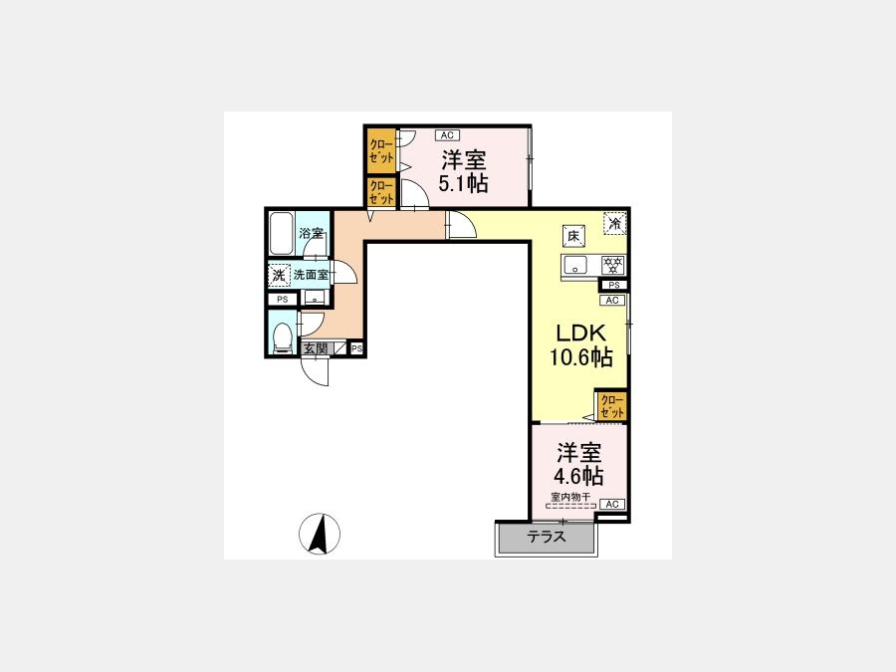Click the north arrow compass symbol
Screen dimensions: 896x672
click(x=320, y=534)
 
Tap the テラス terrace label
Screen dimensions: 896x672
click(x=547, y=538)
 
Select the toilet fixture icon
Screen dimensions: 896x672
click(x=281, y=336)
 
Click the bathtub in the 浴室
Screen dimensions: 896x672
click(x=281, y=234)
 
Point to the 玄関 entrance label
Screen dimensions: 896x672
click(x=315, y=348)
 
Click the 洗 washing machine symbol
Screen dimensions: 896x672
click(x=279, y=275)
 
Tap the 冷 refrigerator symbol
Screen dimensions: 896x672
click(x=615, y=223)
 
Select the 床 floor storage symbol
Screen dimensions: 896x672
click(x=573, y=235)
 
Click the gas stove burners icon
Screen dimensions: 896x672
click(x=613, y=265)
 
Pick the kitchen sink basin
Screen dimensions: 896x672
click(x=575, y=265)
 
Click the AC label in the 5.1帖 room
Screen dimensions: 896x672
click(x=447, y=135)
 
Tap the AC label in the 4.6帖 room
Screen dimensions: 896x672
click(x=612, y=504)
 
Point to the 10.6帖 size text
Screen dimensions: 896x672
click(x=581, y=357)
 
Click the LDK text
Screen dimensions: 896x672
click(x=581, y=334)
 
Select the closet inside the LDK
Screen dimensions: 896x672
click(x=611, y=406)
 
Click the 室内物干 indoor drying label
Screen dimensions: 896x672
click(x=570, y=496)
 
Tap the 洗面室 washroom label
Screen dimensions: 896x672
click(x=312, y=275)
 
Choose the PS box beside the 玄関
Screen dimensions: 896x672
click(x=356, y=348)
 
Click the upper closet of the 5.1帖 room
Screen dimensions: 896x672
click(x=381, y=151)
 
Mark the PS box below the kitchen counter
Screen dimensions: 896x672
click(x=613, y=285)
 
